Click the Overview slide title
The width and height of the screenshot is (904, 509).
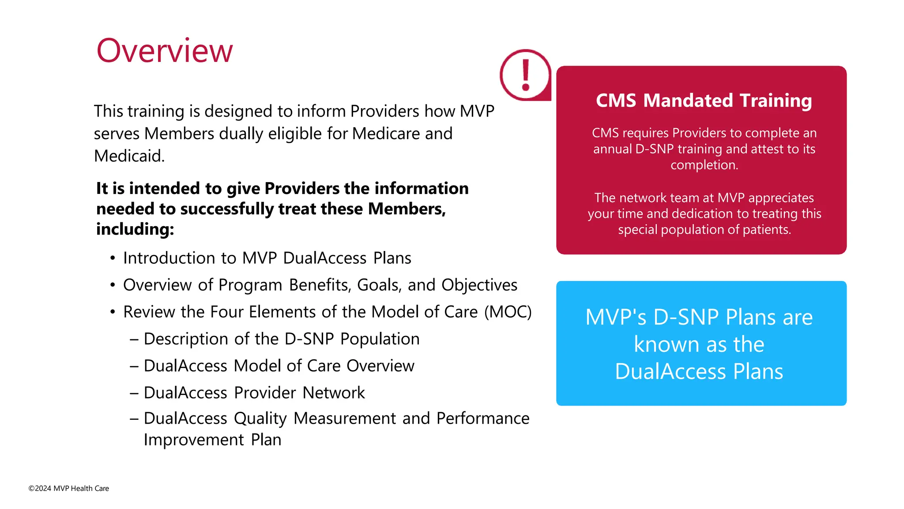164,51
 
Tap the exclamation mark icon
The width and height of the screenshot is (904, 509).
525,75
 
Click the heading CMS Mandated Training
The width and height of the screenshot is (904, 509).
704,100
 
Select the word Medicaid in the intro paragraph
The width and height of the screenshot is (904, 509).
129,156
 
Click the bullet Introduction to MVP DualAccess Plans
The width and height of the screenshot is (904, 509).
267,258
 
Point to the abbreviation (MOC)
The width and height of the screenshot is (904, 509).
508,312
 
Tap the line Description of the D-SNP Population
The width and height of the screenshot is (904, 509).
281,339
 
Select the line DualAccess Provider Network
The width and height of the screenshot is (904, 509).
254,393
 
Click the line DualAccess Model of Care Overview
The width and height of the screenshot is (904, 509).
279,366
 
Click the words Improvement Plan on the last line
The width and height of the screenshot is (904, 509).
212,440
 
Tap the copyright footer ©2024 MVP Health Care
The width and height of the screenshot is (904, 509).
69,488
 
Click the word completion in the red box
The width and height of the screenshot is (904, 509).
704,165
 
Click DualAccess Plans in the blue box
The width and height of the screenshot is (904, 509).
699,372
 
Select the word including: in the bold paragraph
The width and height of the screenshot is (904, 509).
135,229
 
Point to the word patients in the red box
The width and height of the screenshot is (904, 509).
766,230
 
